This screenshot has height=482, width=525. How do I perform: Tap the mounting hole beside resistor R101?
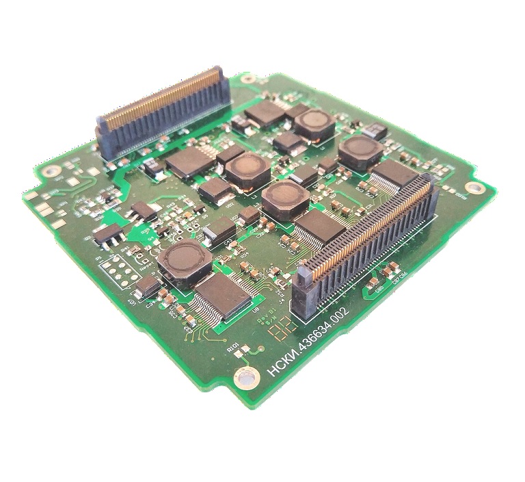point(243,376)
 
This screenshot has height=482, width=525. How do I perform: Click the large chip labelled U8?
point(222,295)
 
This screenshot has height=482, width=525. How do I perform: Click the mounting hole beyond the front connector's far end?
point(472,187)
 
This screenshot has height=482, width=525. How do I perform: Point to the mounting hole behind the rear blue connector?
point(247,79)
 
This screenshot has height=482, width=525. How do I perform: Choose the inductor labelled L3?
point(285,199)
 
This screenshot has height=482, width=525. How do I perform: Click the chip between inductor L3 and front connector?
point(319,227)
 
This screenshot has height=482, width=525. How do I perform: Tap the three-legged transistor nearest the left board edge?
point(109,236)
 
